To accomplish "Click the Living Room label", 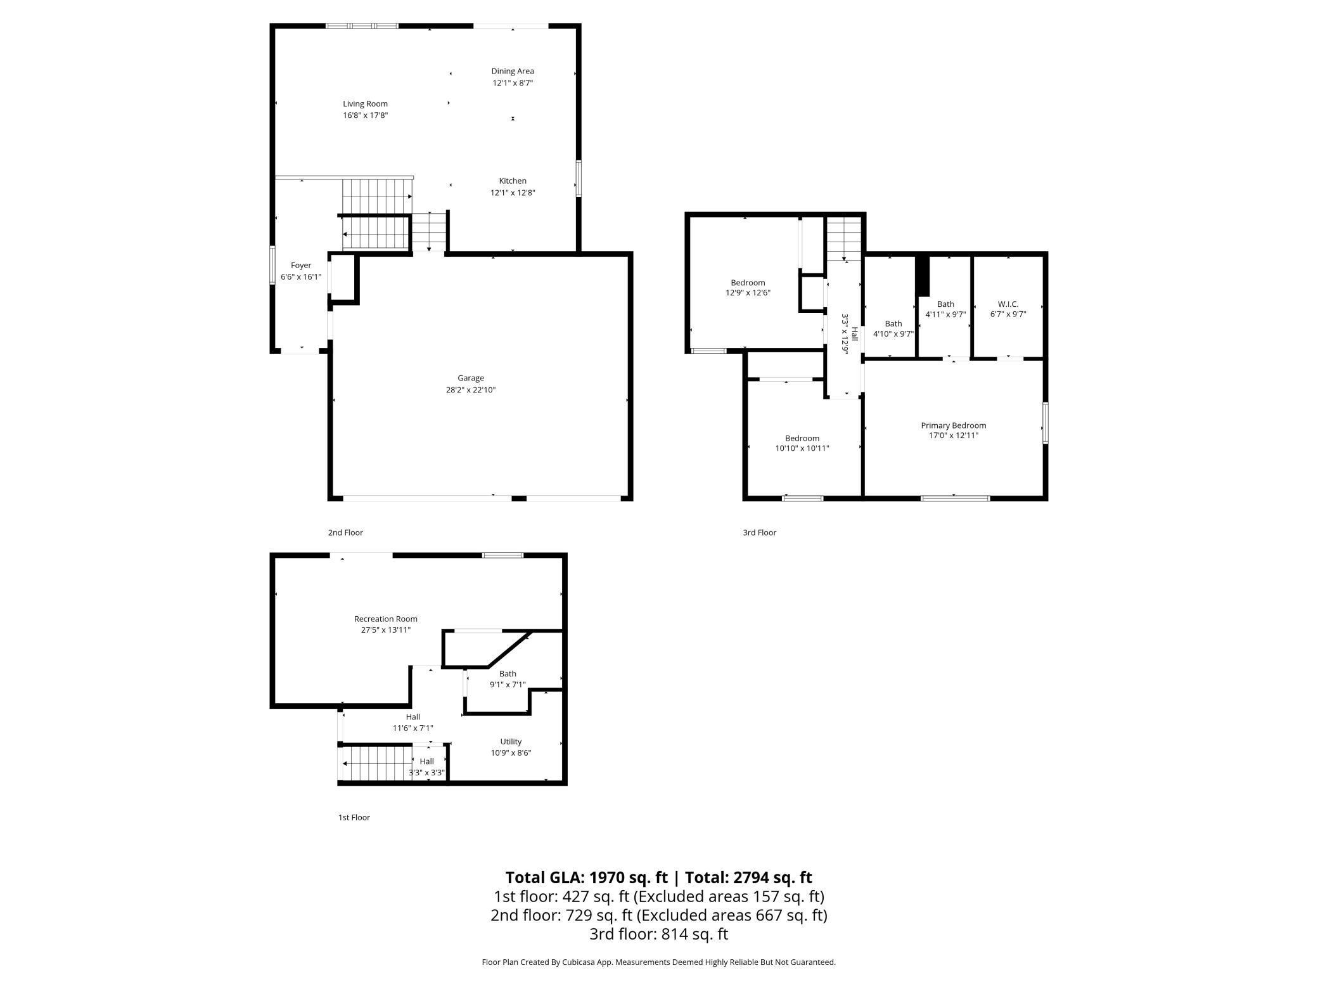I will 365,104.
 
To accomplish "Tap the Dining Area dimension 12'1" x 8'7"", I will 513,83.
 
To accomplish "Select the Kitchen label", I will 513,181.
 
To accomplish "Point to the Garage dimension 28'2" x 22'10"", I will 470,390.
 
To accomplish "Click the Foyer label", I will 301,266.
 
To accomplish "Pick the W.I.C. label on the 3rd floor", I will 1008,304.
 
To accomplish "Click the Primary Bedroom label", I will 953,425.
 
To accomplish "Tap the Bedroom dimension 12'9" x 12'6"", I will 748,293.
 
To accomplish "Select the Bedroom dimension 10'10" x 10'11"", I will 802,448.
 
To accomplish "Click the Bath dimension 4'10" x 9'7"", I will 893,334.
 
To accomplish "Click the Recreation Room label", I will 385,619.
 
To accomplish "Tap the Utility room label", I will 511,742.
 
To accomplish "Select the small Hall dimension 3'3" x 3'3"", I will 426,773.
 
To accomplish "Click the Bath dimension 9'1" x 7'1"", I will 508,685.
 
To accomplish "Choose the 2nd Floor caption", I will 345,533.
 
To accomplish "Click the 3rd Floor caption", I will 759,533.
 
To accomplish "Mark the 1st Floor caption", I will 354,817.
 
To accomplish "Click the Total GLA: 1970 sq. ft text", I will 586,877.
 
